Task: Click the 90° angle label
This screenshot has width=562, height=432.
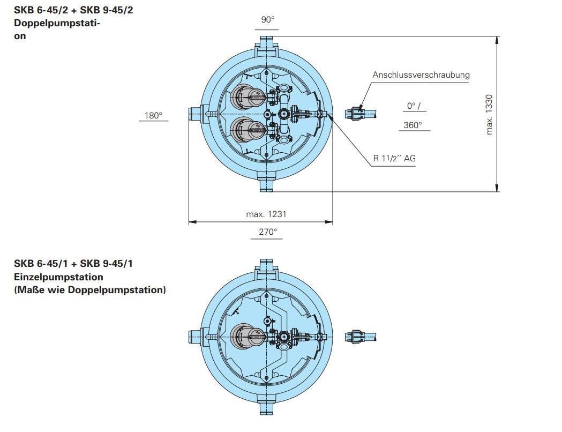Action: tap(268, 20)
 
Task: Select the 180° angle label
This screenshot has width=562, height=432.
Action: tap(153, 115)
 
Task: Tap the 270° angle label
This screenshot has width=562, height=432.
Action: tap(268, 232)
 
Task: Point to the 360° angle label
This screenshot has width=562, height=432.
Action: tap(413, 125)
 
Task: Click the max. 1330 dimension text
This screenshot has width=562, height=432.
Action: tap(489, 114)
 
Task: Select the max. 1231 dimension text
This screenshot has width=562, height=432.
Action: tap(266, 214)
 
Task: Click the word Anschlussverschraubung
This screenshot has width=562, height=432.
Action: tap(421, 75)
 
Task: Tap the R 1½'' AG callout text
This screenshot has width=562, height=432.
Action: tap(394, 158)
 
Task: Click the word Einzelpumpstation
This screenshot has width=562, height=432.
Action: tap(58, 277)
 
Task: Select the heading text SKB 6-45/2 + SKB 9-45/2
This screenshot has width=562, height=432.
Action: tap(73, 10)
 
